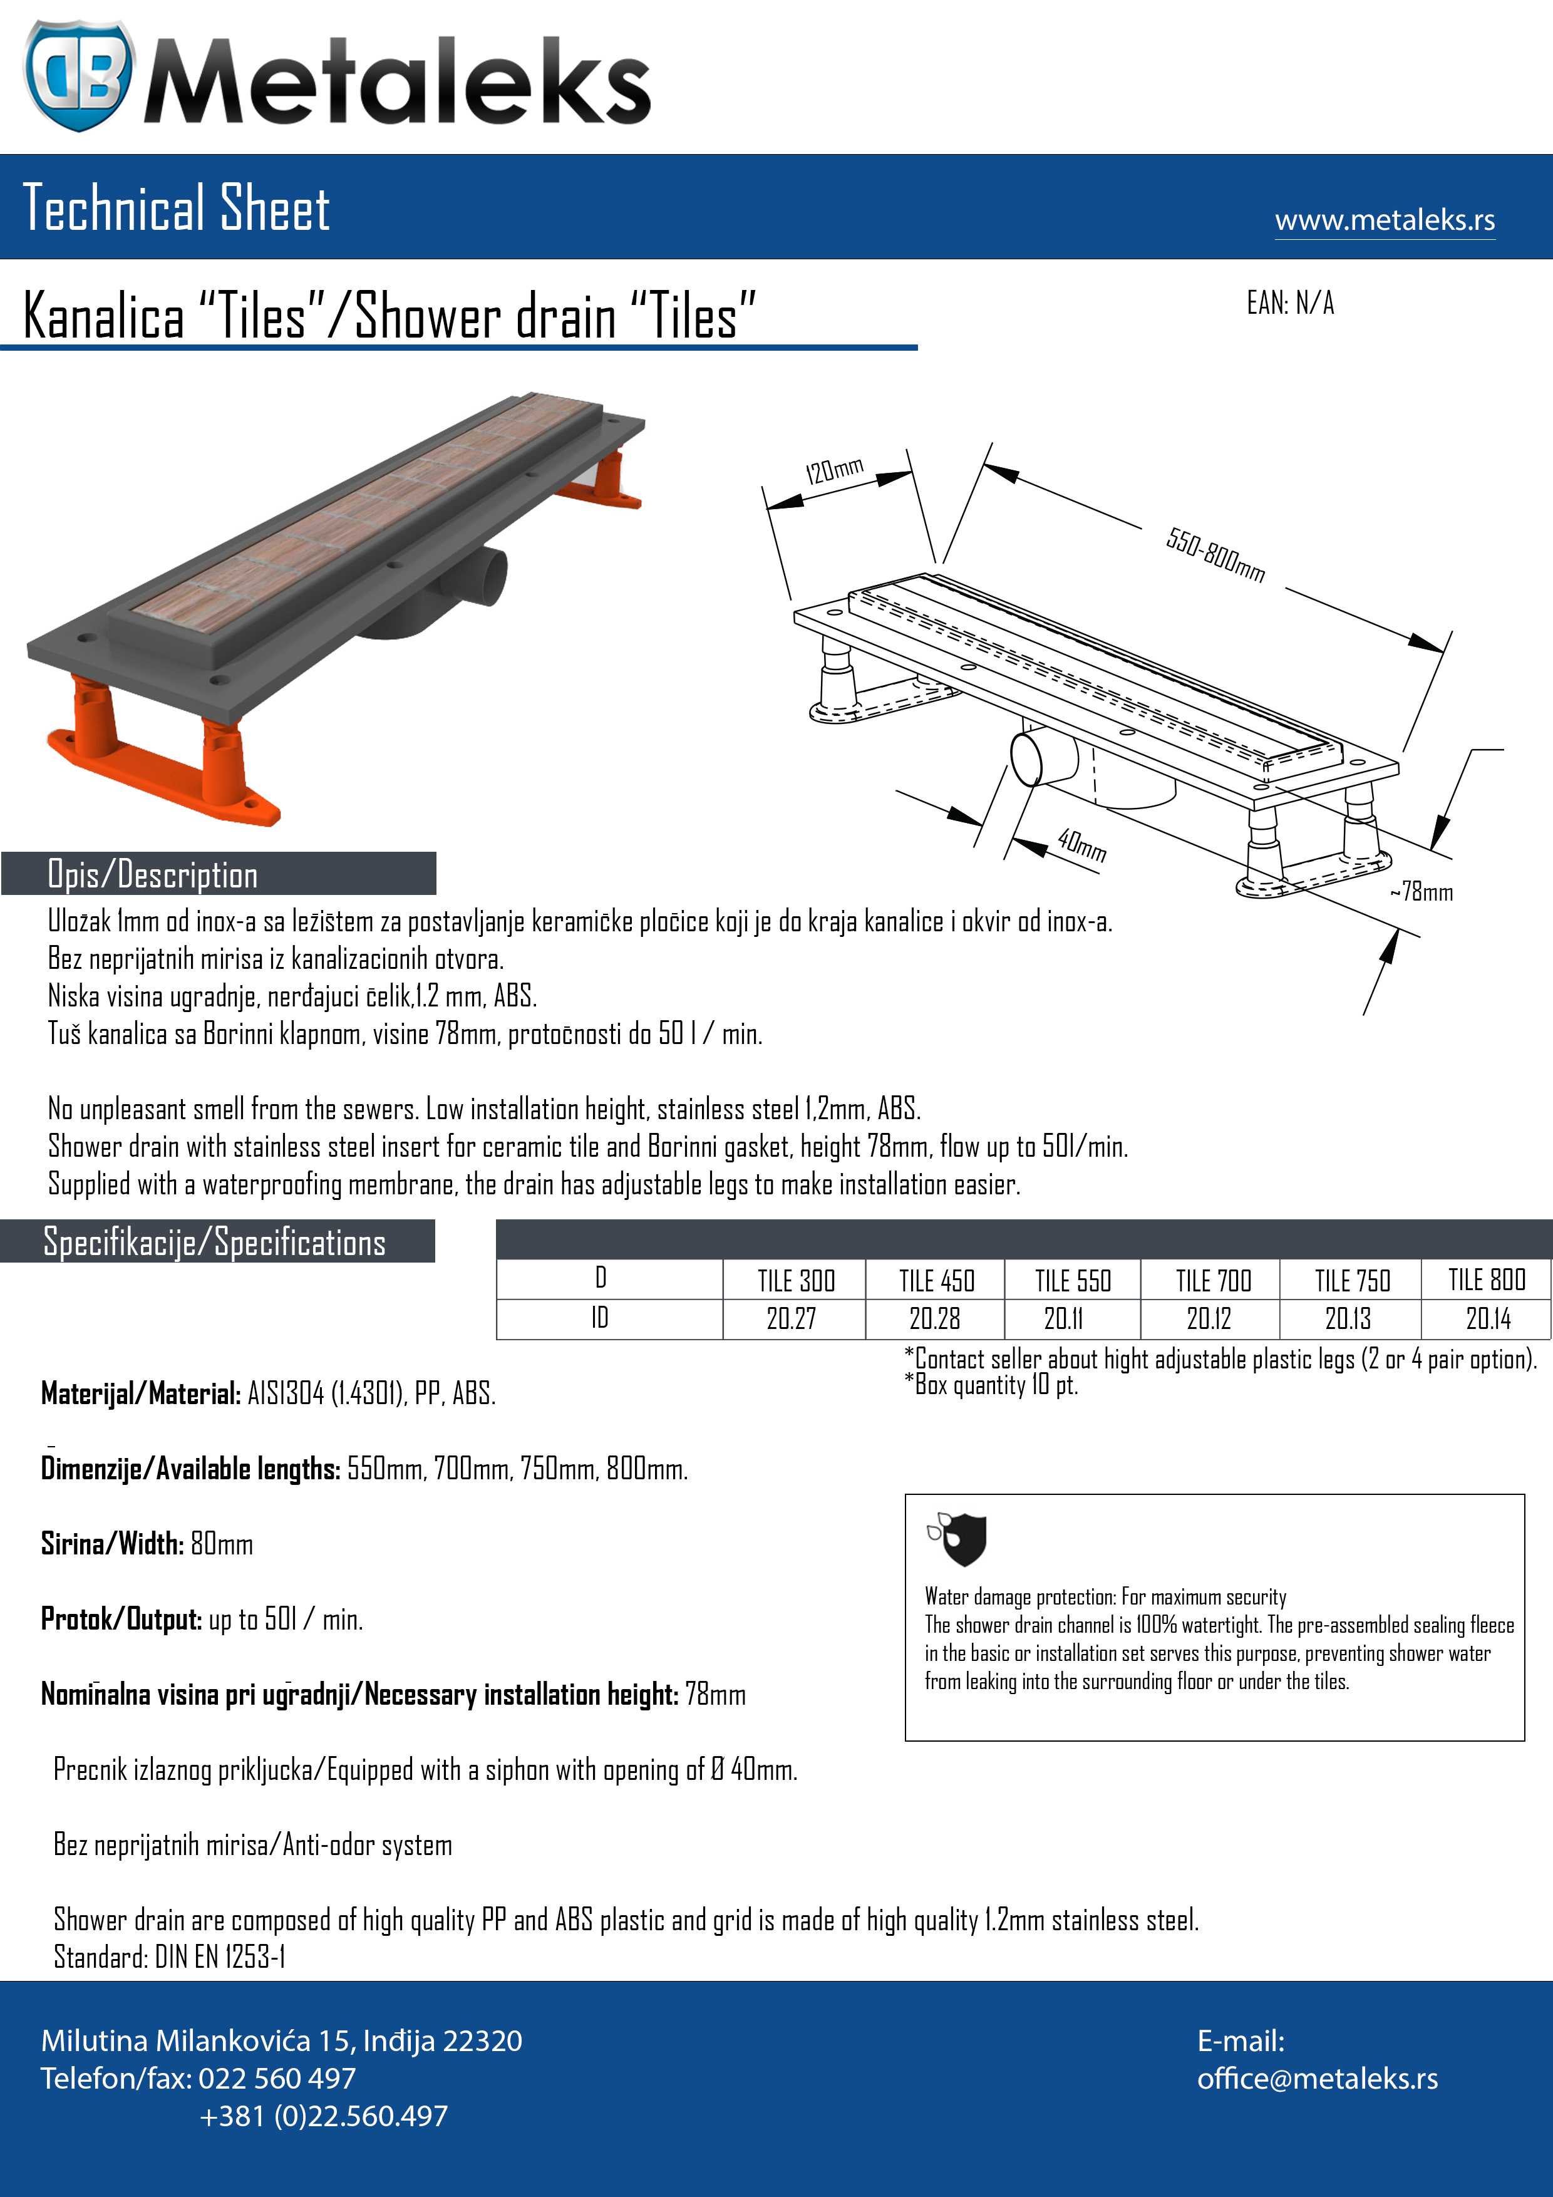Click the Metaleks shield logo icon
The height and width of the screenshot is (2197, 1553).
click(x=78, y=76)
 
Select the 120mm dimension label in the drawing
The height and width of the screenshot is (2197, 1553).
click(x=833, y=470)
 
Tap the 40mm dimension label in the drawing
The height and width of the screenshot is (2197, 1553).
click(x=1081, y=845)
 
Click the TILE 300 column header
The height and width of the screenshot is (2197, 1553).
click(x=795, y=1280)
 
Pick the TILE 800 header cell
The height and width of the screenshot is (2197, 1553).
click(x=1486, y=1280)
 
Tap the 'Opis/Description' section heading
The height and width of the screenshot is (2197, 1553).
click(x=153, y=874)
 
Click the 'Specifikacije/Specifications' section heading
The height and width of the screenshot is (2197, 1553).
click(x=214, y=1242)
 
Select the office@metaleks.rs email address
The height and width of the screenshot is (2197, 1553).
click(x=1317, y=2079)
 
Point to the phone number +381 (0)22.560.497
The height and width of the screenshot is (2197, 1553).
click(x=323, y=2116)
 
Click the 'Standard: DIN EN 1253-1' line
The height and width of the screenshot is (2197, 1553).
click(x=169, y=1957)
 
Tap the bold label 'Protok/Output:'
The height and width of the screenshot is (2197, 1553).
click(x=121, y=1619)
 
